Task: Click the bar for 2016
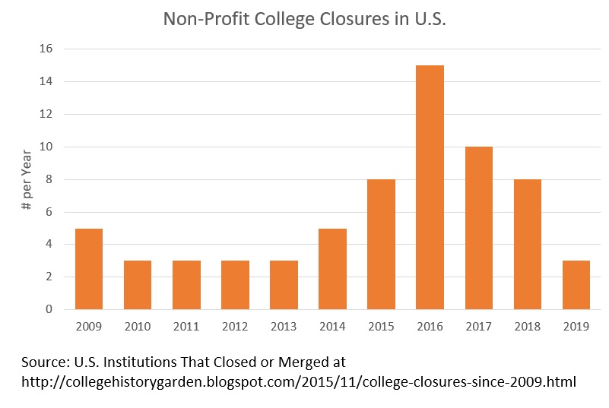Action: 430,188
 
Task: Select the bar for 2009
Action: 89,269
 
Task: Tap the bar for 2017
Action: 479,228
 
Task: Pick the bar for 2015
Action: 382,245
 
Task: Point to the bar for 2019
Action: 576,285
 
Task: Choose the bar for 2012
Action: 236,285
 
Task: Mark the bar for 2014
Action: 333,269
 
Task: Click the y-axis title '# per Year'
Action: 26,179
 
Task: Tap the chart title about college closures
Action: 304,19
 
